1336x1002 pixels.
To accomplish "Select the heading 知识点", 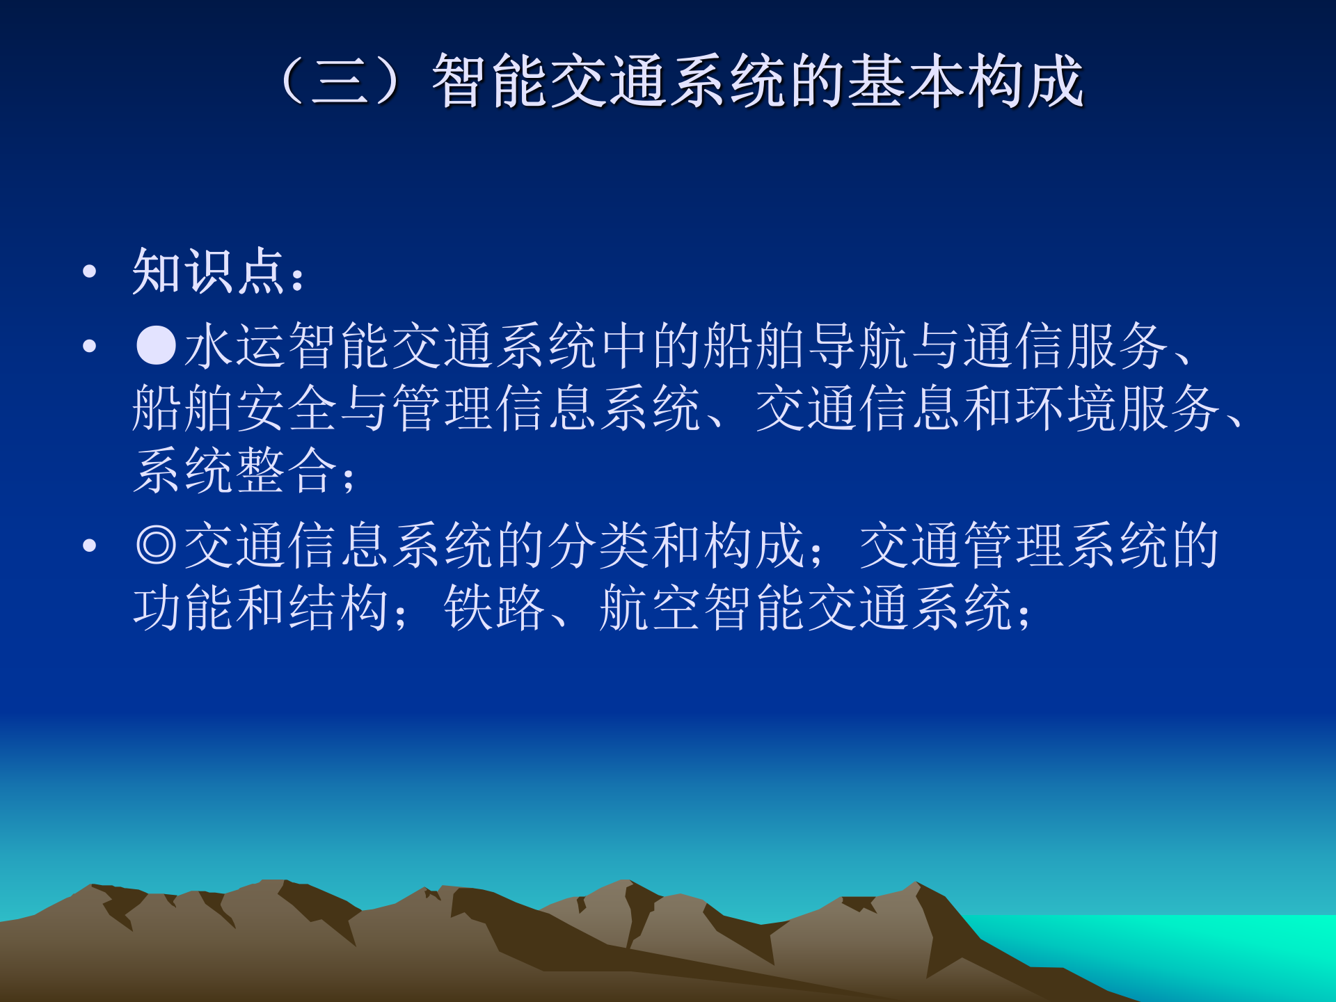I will click(209, 271).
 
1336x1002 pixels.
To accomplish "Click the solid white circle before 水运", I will click(156, 345).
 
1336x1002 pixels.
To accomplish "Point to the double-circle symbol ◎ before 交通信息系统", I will click(156, 546).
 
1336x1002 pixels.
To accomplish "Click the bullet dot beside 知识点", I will click(89, 271).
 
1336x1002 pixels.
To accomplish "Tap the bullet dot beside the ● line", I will click(89, 346).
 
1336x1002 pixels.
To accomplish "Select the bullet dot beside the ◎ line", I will click(89, 546).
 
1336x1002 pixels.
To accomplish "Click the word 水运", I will click(235, 346).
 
